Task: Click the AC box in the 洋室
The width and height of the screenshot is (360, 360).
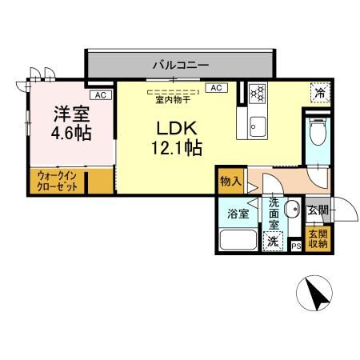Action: click(100, 95)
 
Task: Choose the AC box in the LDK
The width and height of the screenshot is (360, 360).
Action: click(215, 88)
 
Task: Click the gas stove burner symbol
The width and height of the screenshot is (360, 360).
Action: click(258, 93)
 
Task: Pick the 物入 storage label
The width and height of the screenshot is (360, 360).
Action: click(230, 182)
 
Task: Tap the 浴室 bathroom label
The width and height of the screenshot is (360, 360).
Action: click(238, 214)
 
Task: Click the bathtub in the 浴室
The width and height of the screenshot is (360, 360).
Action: click(238, 241)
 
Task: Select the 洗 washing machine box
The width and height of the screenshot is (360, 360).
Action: click(274, 239)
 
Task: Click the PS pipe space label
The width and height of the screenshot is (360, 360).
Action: click(296, 246)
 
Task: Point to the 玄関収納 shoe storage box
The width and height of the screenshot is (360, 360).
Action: click(318, 239)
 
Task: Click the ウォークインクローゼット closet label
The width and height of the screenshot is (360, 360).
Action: click(58, 182)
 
